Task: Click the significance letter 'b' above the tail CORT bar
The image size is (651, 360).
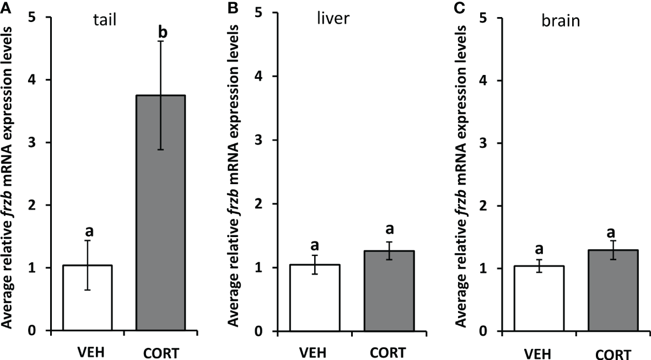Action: tap(163, 31)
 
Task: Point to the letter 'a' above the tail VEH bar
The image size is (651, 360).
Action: tap(88, 230)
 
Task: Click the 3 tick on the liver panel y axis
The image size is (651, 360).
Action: tap(257, 143)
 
